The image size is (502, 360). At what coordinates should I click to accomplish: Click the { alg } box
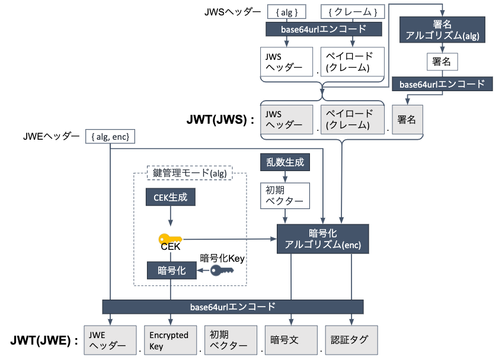pyautogui.click(x=286, y=12)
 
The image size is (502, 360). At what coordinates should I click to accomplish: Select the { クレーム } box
pyautogui.click(x=353, y=12)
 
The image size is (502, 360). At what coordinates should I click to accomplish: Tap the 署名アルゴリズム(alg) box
pyautogui.click(x=442, y=30)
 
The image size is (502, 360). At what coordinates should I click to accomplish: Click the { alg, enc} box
pyautogui.click(x=110, y=137)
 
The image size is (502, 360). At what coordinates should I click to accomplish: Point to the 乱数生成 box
pyautogui.click(x=285, y=162)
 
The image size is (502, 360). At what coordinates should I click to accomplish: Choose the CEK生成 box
pyautogui.click(x=170, y=197)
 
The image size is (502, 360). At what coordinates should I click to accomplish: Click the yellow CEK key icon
pyautogui.click(x=170, y=239)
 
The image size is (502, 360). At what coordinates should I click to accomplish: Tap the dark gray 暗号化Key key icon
pyautogui.click(x=222, y=271)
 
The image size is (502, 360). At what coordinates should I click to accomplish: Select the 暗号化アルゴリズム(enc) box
pyautogui.click(x=322, y=239)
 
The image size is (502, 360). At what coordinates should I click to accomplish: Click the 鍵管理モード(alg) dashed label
pyautogui.click(x=190, y=173)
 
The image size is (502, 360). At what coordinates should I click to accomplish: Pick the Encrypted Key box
pyautogui.click(x=170, y=340)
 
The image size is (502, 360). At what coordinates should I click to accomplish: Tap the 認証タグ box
pyautogui.click(x=351, y=340)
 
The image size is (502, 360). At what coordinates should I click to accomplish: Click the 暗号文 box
pyautogui.click(x=291, y=340)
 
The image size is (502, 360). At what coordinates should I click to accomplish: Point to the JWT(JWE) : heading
pyautogui.click(x=44, y=340)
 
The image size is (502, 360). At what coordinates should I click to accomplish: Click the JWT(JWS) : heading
pyautogui.click(x=220, y=120)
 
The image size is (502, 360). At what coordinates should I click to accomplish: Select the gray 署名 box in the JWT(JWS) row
pyautogui.click(x=407, y=120)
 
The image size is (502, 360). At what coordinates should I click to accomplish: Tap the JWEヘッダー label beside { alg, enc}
pyautogui.click(x=51, y=137)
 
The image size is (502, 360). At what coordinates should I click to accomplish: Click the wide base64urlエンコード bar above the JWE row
pyautogui.click(x=233, y=307)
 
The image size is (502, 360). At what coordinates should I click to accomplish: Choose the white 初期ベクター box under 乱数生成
pyautogui.click(x=285, y=195)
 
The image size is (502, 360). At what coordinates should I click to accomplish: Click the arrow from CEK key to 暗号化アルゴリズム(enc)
pyautogui.click(x=230, y=239)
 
